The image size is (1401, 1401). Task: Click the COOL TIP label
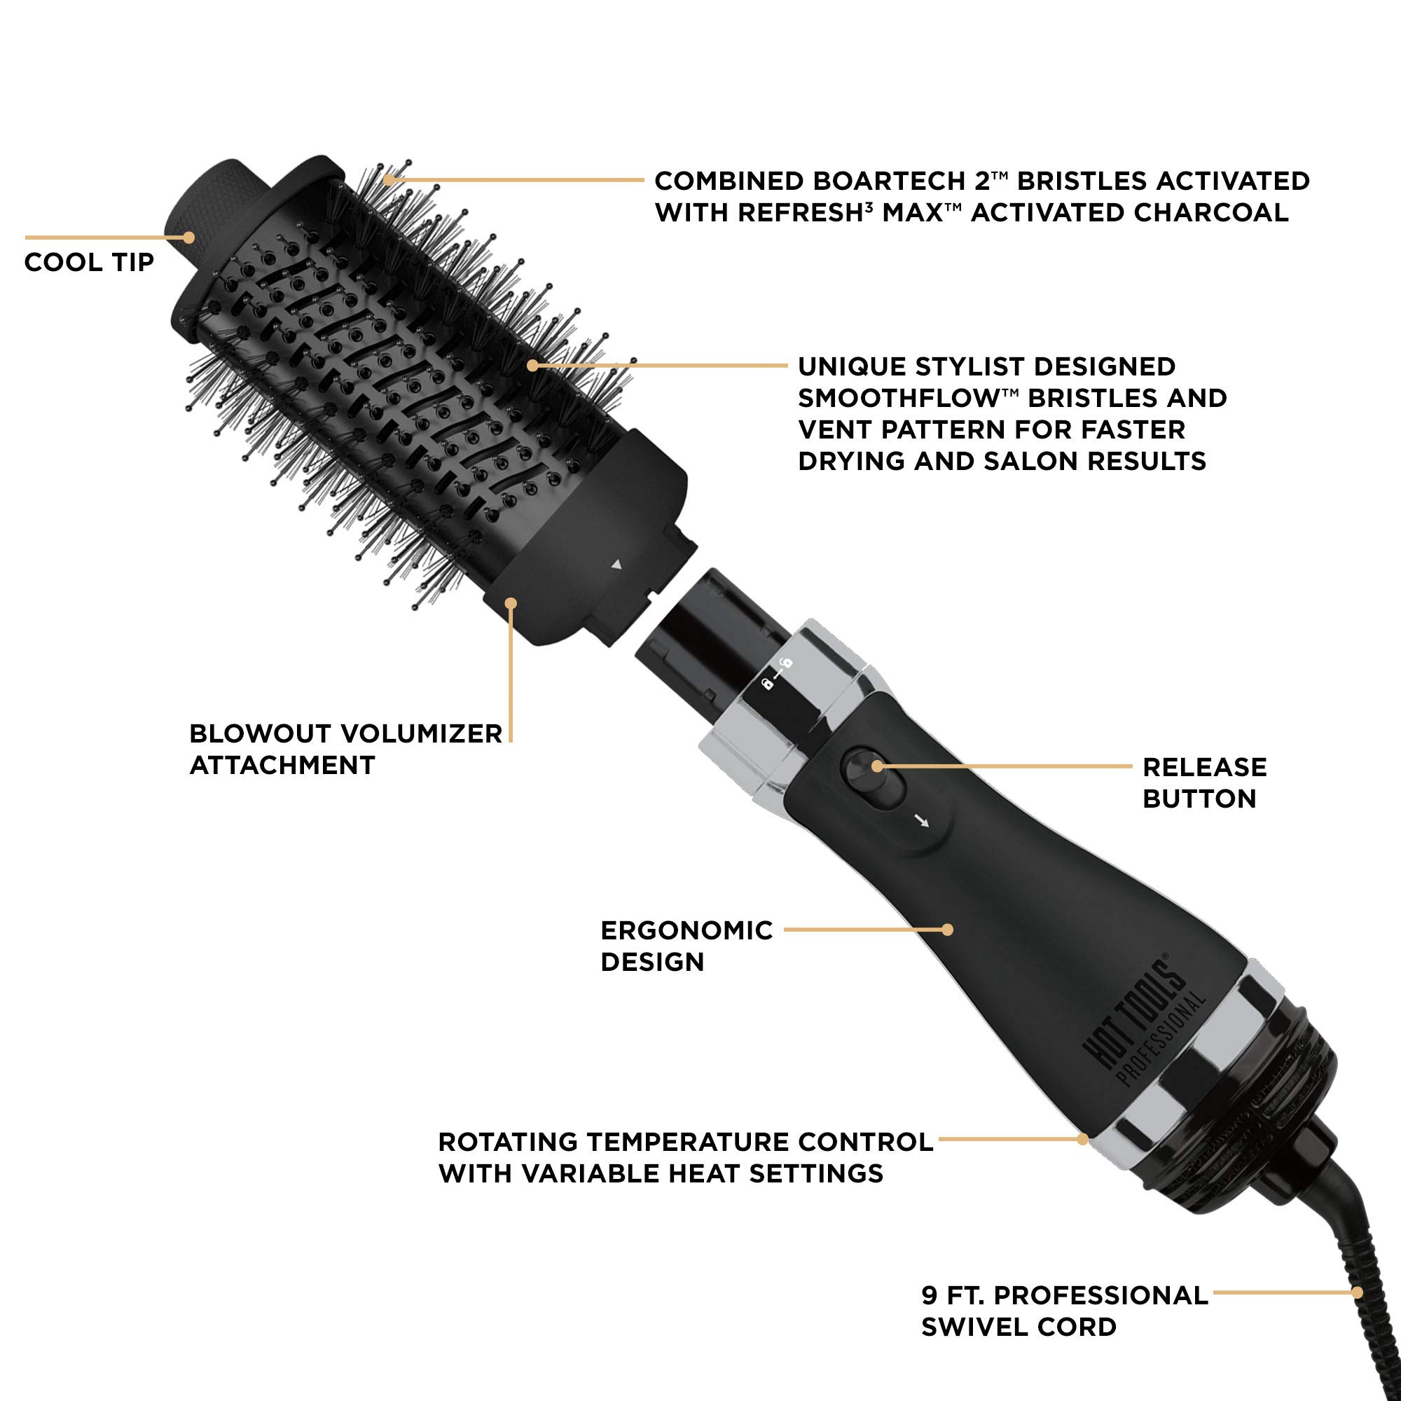pyautogui.click(x=89, y=262)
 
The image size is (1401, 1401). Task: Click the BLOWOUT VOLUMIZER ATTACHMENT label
pyautogui.click(x=345, y=749)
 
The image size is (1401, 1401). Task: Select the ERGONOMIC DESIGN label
pyautogui.click(x=686, y=946)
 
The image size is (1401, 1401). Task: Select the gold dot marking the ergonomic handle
pyautogui.click(x=946, y=929)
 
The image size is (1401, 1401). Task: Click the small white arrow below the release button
pyautogui.click(x=922, y=822)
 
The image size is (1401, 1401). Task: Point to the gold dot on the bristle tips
pyautogui.click(x=389, y=179)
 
